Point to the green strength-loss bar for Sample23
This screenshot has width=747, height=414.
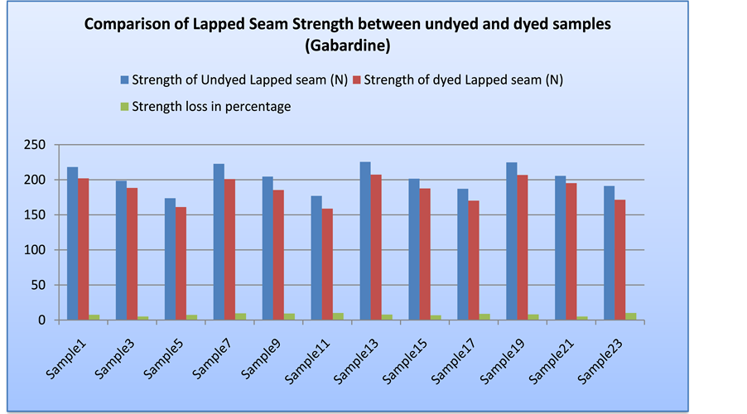click(631, 316)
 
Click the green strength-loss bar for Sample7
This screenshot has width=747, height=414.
click(240, 316)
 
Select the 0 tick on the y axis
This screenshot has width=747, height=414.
click(41, 320)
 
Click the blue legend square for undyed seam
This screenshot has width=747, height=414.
click(125, 80)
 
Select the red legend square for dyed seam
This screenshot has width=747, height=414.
click(357, 80)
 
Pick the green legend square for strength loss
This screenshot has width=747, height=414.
click(125, 107)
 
